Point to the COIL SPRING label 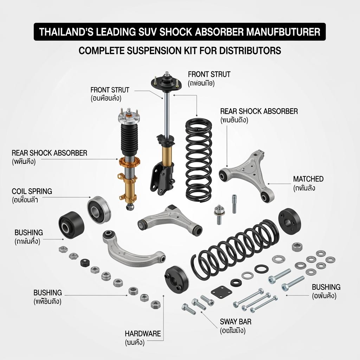coord(32,192)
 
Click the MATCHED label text coord(308,179)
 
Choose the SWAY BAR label coord(236,322)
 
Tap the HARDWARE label coord(143,334)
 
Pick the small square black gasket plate coord(219,291)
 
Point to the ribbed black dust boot coord(128,139)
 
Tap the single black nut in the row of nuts coord(84,262)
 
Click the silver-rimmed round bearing coord(99,210)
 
